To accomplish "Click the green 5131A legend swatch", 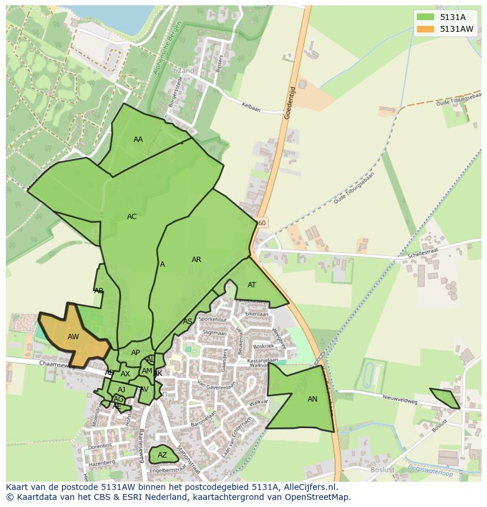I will point(426,17).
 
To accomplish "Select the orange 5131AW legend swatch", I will point(426,29).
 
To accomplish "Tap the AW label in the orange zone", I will point(74,337).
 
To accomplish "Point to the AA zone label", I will point(138,140).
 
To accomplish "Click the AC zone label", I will point(132,217).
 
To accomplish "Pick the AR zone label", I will point(196,260).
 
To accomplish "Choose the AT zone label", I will point(252,285).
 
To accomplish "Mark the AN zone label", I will point(312,399).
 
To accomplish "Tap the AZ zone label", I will point(162,455).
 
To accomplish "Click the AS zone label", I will point(188,322).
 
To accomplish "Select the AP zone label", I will point(136,353).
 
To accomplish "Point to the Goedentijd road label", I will point(289,104).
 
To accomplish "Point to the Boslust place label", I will point(382,470).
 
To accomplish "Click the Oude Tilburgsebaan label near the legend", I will point(458,100).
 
